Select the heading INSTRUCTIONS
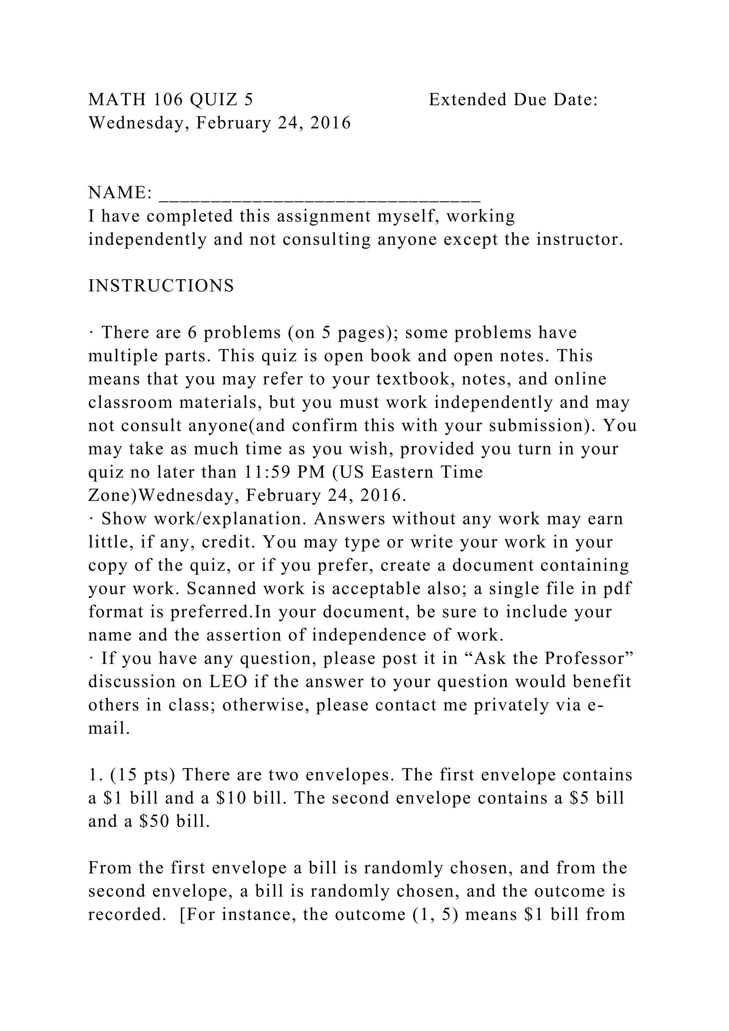pyautogui.click(x=161, y=286)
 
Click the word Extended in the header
pyautogui.click(x=468, y=100)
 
